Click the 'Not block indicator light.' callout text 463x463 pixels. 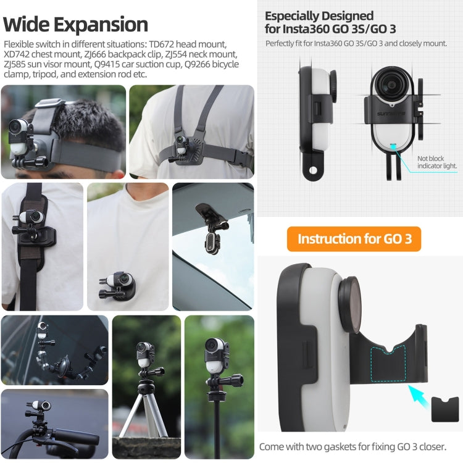pyautogui.click(x=437, y=162)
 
